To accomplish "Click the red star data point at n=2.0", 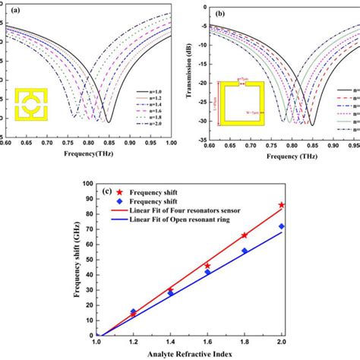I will coord(282,205).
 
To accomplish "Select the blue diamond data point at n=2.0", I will coord(282,226).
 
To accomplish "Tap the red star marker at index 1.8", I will coord(245,235).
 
